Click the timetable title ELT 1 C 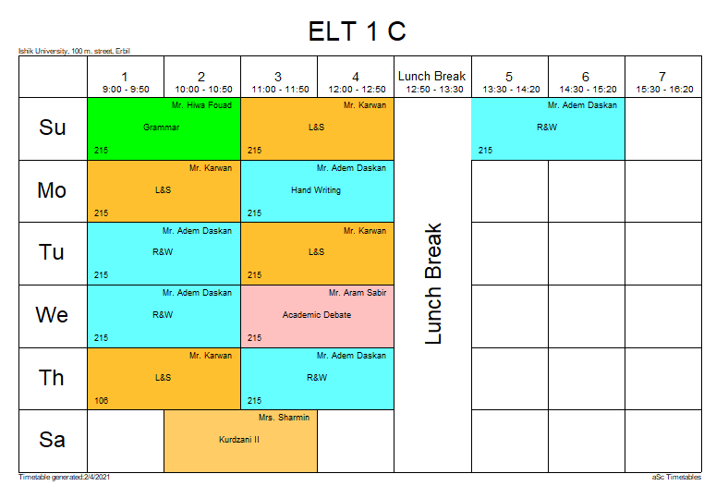click(357, 31)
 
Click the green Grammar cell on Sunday click(164, 128)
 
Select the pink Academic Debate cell click(317, 315)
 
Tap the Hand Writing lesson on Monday click(317, 190)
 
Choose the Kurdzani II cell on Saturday click(240, 440)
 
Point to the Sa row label click(53, 440)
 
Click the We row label click(53, 315)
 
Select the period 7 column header click(662, 82)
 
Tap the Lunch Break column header click(432, 82)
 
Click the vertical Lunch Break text click(433, 284)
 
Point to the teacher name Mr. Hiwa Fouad click(201, 105)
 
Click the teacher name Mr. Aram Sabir click(358, 293)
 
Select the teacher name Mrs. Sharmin click(285, 418)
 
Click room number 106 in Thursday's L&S click(101, 400)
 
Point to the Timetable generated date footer click(58, 478)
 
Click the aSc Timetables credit click(676, 478)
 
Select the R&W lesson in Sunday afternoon click(547, 128)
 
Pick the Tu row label click(53, 252)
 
